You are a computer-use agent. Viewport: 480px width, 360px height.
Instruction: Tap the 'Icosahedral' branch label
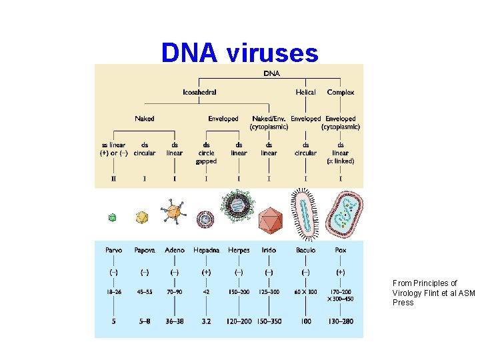point(199,93)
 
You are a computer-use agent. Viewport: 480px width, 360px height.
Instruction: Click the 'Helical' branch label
point(306,93)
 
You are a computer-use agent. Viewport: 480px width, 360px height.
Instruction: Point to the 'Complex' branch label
point(340,93)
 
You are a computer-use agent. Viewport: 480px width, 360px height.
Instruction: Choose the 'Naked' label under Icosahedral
point(144,119)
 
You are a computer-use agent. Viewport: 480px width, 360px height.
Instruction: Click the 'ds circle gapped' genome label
point(206,153)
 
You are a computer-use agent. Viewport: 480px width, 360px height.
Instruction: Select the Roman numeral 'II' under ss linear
point(113,178)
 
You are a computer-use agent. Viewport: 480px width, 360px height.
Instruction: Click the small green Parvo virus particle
point(113,217)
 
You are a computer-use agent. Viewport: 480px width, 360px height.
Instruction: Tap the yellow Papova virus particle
point(141,217)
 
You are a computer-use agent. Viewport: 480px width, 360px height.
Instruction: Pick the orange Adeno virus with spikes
point(173,211)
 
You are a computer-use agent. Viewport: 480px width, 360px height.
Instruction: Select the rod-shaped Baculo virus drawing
point(306,214)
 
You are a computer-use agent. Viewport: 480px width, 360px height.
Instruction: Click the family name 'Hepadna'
point(206,251)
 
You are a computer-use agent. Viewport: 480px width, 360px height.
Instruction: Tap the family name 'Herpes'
point(238,251)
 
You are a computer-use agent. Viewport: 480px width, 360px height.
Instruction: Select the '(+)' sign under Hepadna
point(206,272)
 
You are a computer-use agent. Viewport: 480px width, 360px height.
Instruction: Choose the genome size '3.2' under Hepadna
point(206,321)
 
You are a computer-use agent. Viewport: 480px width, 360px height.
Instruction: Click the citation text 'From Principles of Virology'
point(425,283)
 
